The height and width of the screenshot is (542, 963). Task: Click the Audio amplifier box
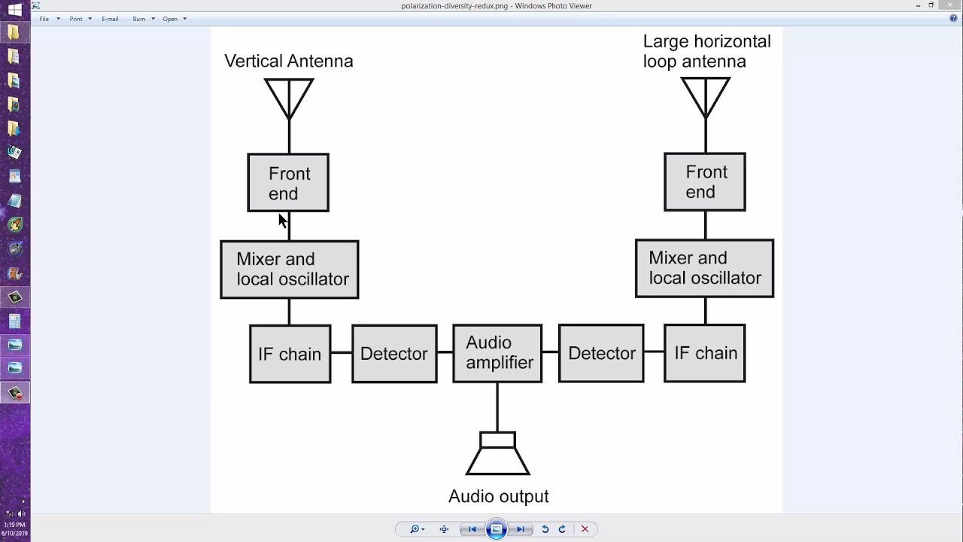tap(497, 353)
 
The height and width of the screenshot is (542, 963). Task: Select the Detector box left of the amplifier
tap(394, 354)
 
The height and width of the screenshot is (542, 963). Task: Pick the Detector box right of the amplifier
tap(601, 353)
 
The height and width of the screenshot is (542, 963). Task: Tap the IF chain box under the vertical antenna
tap(290, 354)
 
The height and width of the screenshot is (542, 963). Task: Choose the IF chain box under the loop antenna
tap(705, 353)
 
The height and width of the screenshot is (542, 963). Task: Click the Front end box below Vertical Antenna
tap(288, 183)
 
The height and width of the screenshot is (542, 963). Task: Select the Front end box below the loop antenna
tap(705, 182)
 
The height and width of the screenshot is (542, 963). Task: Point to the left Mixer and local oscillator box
tap(290, 269)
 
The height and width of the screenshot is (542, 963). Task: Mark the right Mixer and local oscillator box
tap(704, 268)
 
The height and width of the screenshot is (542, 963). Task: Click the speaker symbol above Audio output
tap(498, 454)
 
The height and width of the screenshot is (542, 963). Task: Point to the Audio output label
tap(498, 497)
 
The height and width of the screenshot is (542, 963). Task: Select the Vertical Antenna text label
tap(289, 61)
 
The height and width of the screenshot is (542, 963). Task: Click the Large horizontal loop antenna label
tap(706, 51)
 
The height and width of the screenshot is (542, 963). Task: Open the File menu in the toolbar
tap(44, 19)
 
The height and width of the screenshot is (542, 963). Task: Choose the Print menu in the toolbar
tap(76, 19)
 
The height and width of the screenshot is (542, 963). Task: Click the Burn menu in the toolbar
tap(139, 19)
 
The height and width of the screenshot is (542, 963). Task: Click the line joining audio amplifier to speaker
tap(497, 406)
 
